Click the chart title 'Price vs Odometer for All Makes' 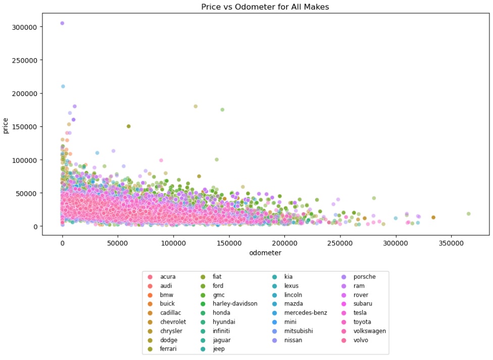coord(265,7)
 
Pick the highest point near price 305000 coord(62,23)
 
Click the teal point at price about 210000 coord(63,86)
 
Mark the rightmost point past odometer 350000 coord(468,214)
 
